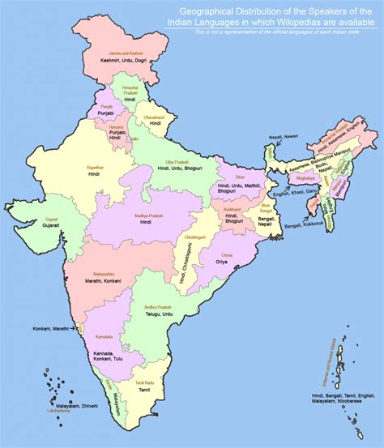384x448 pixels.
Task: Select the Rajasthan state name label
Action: (96, 166)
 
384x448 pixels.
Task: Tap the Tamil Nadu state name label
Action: (145, 382)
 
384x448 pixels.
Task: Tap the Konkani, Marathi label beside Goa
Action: (52, 329)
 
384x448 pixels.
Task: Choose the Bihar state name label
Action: (240, 176)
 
